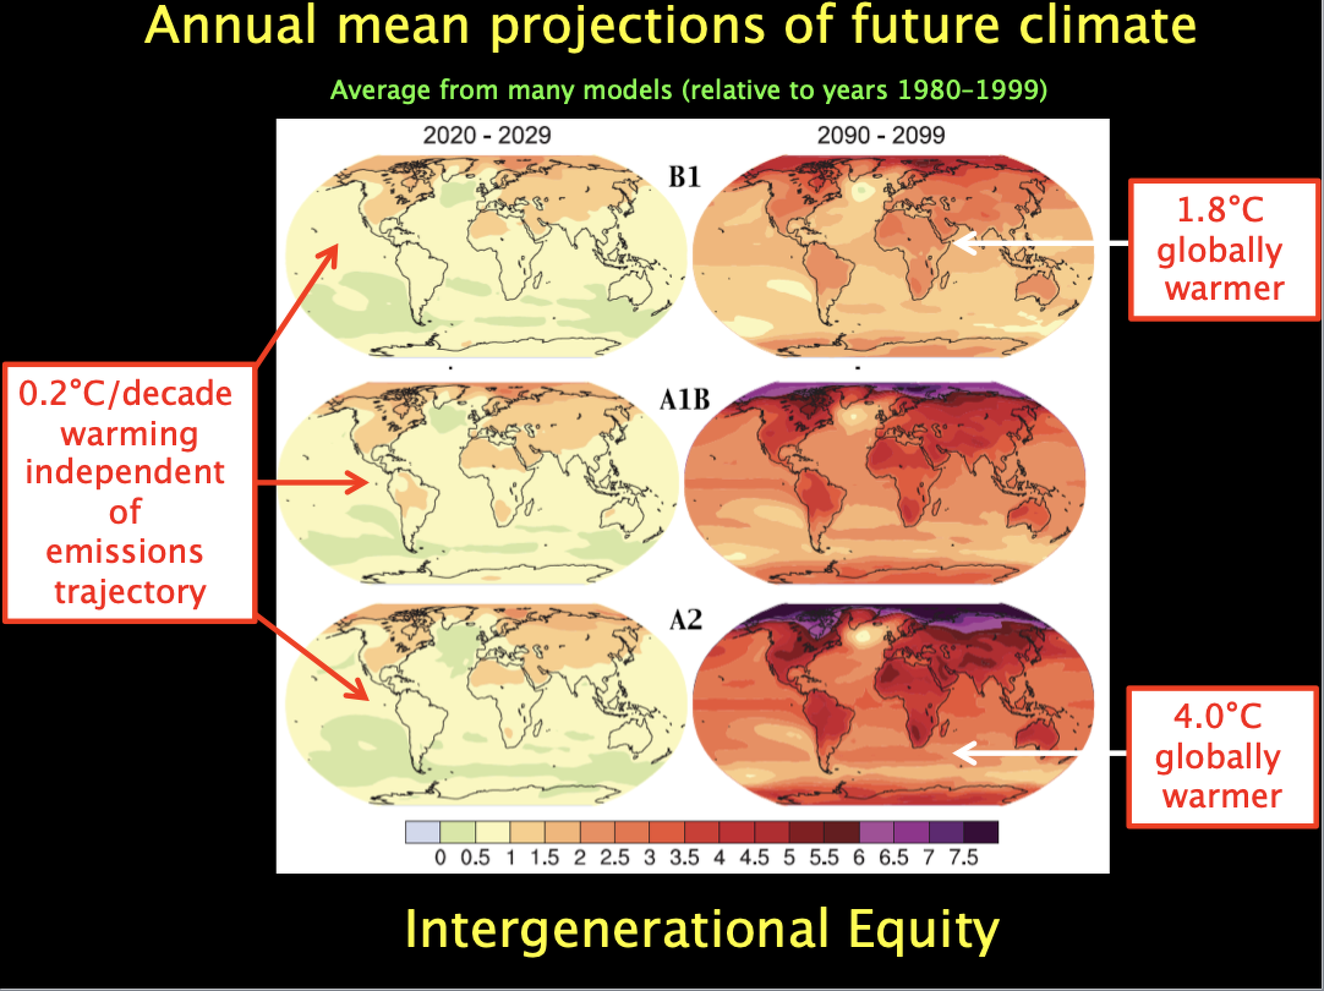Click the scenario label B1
tap(685, 177)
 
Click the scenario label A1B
tap(685, 399)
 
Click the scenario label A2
tap(685, 620)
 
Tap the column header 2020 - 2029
tap(487, 135)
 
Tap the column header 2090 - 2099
tap(881, 135)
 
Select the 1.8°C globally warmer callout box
tap(1223, 249)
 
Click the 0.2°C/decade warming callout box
tap(128, 493)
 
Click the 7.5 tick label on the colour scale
tap(964, 858)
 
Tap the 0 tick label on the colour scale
tap(440, 858)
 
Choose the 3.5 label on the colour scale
tap(685, 858)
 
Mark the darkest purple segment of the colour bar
tap(981, 833)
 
